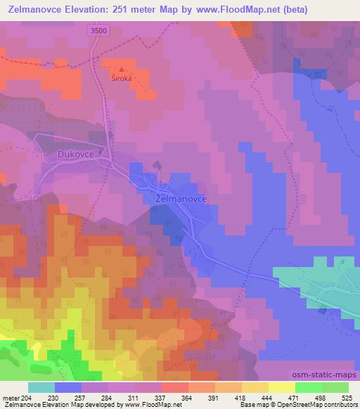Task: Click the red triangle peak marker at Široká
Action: click(122, 70)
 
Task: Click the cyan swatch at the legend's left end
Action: click(41, 387)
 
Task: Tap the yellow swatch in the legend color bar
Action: click(281, 387)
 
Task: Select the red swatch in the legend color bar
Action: click(174, 387)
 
